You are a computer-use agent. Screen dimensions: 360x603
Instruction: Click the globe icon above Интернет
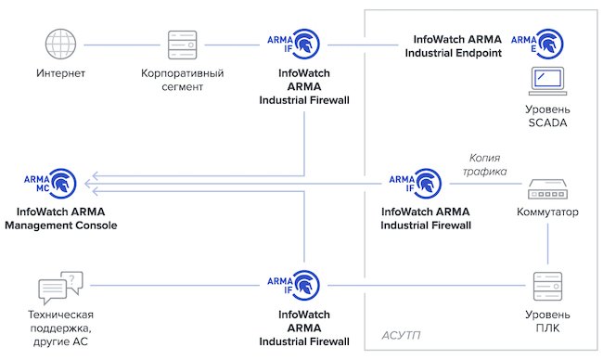(x=59, y=43)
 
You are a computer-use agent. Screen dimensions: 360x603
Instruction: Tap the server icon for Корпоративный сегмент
(x=182, y=43)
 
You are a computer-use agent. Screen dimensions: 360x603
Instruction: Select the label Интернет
(x=60, y=72)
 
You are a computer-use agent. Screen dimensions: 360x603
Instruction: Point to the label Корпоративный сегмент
(x=183, y=79)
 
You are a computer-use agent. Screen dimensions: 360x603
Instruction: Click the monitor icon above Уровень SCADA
(x=546, y=80)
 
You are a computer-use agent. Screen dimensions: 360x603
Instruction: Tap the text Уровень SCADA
(x=546, y=116)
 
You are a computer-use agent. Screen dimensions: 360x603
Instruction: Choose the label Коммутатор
(x=546, y=212)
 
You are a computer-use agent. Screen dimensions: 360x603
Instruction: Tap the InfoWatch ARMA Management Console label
(x=60, y=219)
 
